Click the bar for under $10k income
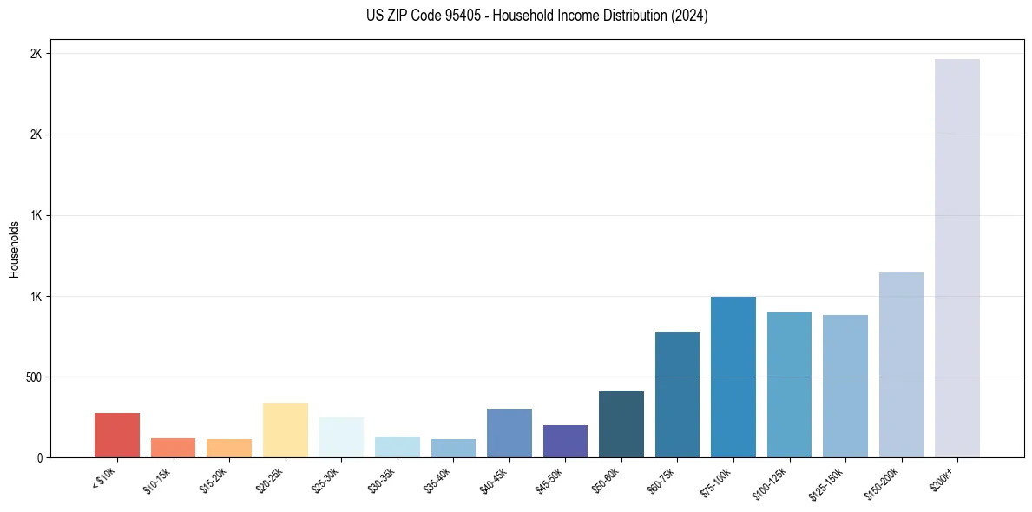click(117, 435)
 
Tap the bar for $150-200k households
click(901, 364)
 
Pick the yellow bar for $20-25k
click(286, 430)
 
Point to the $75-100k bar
click(733, 377)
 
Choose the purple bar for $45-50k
click(565, 441)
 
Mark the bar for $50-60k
click(621, 423)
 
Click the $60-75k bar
click(677, 395)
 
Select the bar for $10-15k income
click(173, 448)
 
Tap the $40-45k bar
click(509, 433)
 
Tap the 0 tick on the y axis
click(39, 458)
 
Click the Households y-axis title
click(14, 249)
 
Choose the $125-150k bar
click(845, 386)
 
